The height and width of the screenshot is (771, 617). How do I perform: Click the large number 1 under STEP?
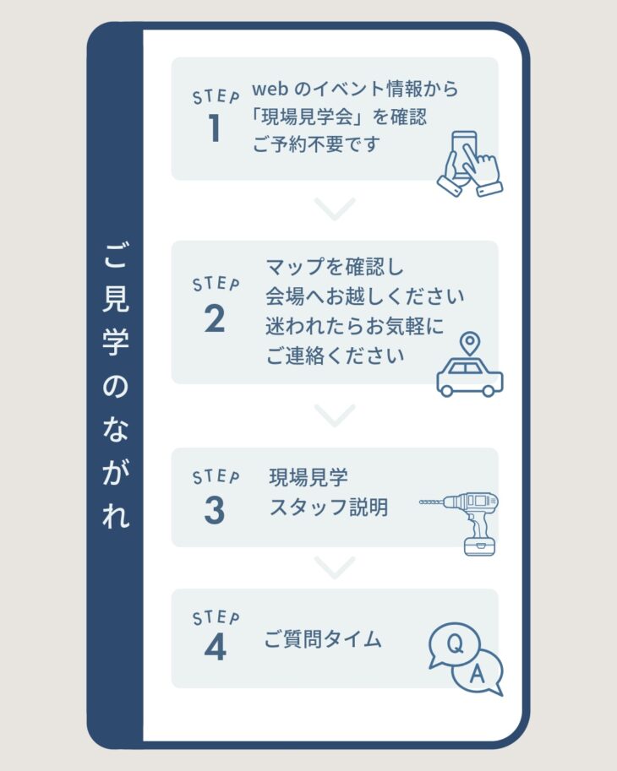[215, 128]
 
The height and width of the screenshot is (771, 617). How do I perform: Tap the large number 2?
[215, 318]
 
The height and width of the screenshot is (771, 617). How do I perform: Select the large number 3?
[215, 510]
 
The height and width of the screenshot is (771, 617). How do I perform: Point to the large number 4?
[215, 647]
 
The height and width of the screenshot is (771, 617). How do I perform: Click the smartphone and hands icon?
[471, 164]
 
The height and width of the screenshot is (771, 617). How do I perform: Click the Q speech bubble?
[454, 644]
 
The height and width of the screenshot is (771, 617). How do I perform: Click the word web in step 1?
[270, 89]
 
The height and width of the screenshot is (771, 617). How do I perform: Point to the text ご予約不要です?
[316, 144]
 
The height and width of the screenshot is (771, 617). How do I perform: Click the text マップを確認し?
[335, 267]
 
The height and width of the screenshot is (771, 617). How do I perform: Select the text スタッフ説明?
[329, 507]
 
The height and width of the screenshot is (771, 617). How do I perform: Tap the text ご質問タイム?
[323, 639]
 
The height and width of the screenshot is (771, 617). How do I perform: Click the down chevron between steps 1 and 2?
[335, 209]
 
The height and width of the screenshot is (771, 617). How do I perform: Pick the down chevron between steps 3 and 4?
[335, 567]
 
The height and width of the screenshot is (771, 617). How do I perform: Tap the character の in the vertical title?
[116, 385]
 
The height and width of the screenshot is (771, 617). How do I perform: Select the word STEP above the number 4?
[216, 617]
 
